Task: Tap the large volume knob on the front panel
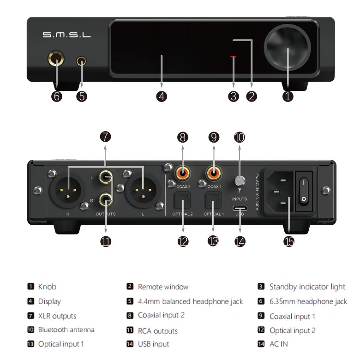(288, 47)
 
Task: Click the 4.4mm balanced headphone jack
(82, 61)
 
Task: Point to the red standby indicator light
(234, 57)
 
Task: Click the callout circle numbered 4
(162, 96)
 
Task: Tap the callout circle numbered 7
(106, 137)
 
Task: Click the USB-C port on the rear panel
(240, 207)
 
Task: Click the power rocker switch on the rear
(304, 190)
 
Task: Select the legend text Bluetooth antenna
(66, 330)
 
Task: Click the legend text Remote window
(163, 287)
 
